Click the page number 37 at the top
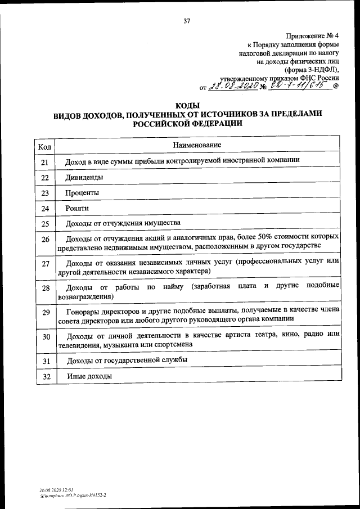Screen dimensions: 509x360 click(x=187, y=21)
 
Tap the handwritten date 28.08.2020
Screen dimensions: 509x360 click(x=233, y=87)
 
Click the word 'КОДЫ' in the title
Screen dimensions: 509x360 click(x=187, y=105)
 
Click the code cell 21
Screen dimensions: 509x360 click(x=46, y=163)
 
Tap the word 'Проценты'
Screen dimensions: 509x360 click(x=83, y=193)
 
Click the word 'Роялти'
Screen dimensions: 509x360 click(x=78, y=208)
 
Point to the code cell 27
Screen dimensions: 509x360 click(x=46, y=264)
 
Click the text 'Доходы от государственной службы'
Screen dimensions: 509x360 click(x=127, y=359)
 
